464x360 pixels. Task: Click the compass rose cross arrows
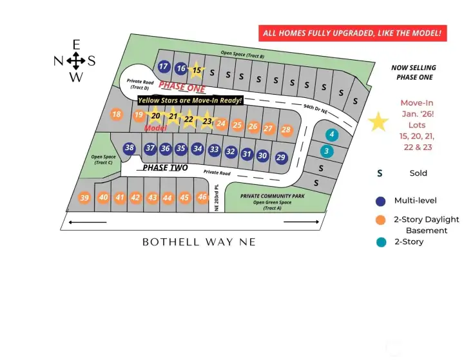coord(76,61)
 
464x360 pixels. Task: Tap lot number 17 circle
coord(164,67)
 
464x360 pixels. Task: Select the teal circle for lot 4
coord(331,135)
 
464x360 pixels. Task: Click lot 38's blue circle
coord(130,148)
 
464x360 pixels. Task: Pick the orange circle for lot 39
coord(84,198)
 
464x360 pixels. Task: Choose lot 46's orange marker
coord(202,197)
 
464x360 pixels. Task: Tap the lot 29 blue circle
coord(281,157)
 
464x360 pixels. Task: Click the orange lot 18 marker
coord(116,115)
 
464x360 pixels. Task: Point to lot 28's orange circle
coord(286,129)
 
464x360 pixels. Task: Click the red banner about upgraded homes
coord(353,33)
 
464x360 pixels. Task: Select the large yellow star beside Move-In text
coord(379,121)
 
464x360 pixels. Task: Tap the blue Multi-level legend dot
coord(381,201)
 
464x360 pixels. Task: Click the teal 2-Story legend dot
coord(381,242)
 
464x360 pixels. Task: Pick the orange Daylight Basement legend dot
coord(381,220)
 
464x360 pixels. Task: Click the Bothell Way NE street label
coord(199,242)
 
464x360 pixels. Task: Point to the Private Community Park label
coord(273,195)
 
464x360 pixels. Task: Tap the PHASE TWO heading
coord(165,168)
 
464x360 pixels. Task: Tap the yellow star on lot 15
coord(198,70)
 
